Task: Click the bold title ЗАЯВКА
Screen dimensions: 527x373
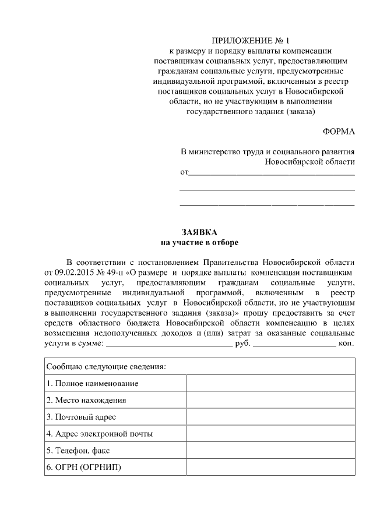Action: point(199,232)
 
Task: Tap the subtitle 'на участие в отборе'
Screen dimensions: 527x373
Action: point(199,242)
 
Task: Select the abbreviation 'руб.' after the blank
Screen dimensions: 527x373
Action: point(242,344)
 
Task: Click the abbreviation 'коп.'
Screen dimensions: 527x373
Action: point(346,344)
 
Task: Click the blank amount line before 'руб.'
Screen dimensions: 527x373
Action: point(169,345)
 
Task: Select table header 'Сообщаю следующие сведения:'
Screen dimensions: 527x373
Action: point(105,367)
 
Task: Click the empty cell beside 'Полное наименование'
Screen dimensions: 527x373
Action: point(270,384)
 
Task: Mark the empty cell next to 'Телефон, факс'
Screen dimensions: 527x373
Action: point(270,451)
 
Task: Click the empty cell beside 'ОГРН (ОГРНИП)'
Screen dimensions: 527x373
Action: point(270,468)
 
